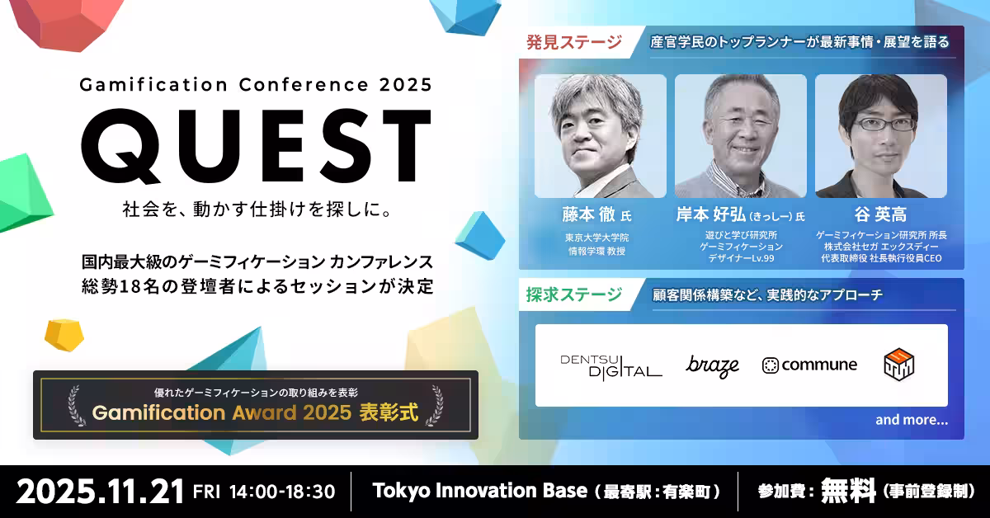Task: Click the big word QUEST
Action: [256, 146]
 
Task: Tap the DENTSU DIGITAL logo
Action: [611, 367]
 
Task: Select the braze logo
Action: [712, 366]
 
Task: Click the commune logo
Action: [809, 365]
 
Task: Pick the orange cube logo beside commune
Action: [899, 365]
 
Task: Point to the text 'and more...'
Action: [912, 420]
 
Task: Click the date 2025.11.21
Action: [100, 492]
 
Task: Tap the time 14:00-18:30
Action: [282, 492]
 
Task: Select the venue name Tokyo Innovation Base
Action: [480, 491]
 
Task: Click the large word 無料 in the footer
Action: [848, 491]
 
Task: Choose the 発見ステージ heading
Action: [574, 42]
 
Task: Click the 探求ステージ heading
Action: [574, 294]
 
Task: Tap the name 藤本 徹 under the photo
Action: [589, 214]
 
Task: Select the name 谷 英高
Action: [880, 214]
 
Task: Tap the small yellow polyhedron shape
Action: [64, 335]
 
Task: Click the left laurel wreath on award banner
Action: [76, 405]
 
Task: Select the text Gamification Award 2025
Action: [221, 412]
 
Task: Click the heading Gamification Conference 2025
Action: [256, 84]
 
